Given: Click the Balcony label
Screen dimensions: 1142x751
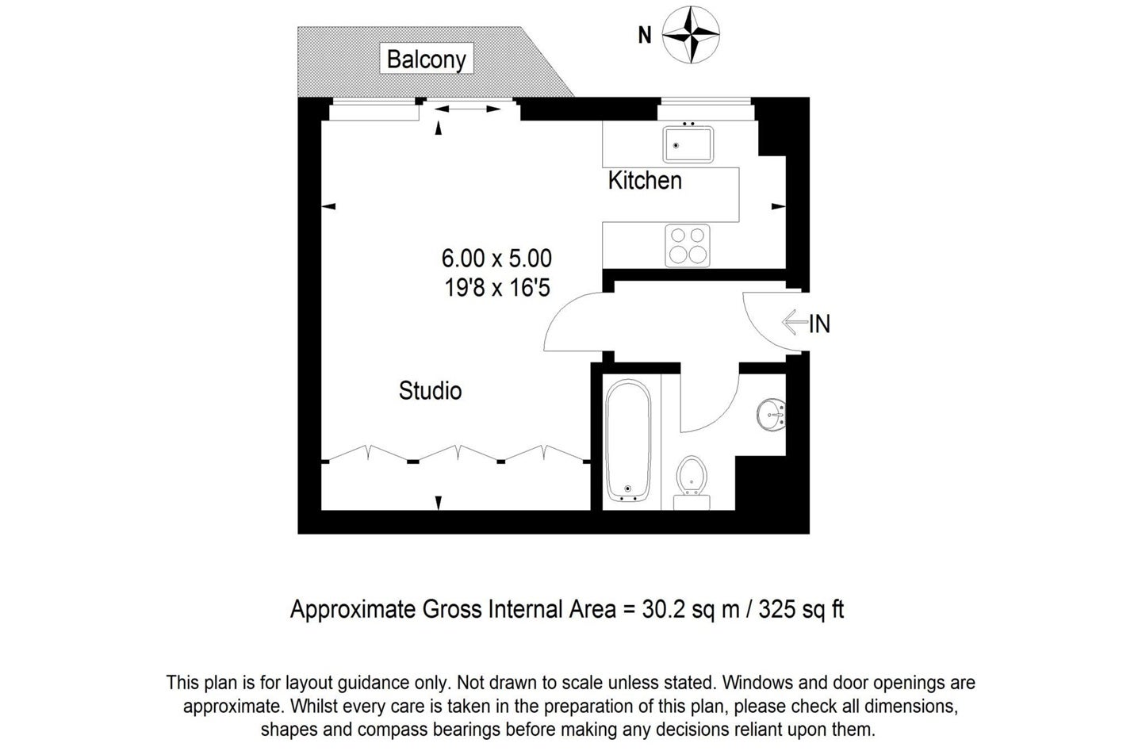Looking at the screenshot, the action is (x=426, y=59).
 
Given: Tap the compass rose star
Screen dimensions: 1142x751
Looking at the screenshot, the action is (x=691, y=35).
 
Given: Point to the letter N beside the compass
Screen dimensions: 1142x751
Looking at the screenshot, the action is (x=645, y=35).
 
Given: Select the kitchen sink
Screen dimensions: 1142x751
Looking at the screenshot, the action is (x=688, y=144).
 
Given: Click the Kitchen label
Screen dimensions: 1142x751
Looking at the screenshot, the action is (x=645, y=181).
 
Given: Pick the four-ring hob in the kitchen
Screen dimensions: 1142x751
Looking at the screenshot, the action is (x=688, y=245).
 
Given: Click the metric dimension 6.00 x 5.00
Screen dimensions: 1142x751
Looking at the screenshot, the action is (x=496, y=259).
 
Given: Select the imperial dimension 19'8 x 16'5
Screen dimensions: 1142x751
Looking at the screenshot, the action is (x=497, y=288).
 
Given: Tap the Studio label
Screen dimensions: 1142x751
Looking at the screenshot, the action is (x=431, y=391).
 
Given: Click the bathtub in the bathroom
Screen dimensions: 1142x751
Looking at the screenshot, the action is (x=627, y=441).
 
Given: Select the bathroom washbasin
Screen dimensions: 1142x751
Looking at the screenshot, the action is (x=771, y=415).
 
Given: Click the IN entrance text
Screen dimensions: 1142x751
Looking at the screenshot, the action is (x=820, y=324).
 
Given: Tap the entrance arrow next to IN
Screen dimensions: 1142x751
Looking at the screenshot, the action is (x=795, y=322).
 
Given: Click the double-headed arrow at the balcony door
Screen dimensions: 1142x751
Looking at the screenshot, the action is (x=467, y=109).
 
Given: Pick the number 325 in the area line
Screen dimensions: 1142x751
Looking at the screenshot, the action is (x=776, y=609).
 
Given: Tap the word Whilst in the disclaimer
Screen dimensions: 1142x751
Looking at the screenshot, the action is (x=312, y=706).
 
